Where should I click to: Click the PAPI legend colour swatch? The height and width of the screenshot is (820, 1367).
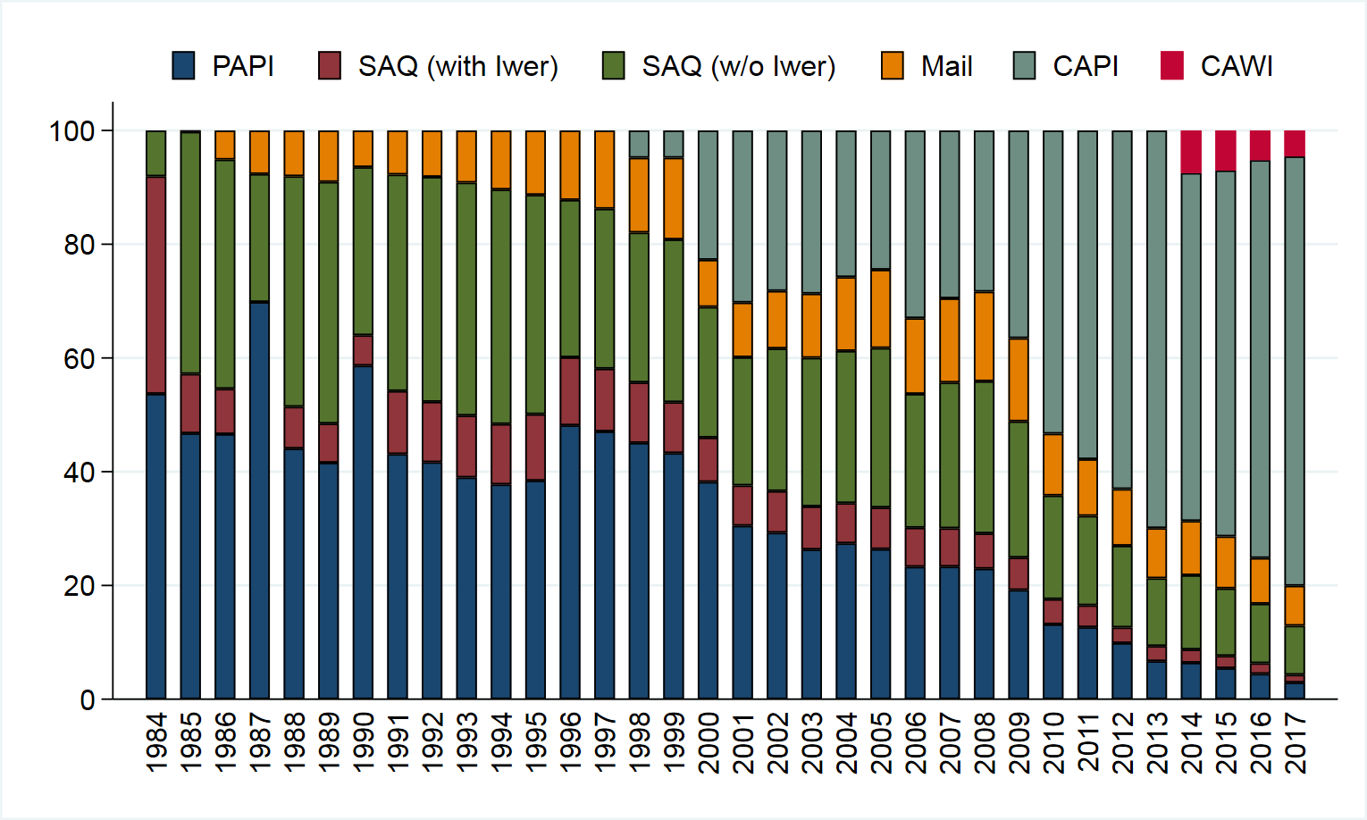184,66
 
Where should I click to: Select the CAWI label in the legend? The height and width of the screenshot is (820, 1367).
1237,66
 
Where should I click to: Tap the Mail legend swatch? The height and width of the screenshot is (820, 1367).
893,66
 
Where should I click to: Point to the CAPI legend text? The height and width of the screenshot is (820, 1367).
1085,66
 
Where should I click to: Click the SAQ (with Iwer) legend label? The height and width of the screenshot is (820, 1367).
457,66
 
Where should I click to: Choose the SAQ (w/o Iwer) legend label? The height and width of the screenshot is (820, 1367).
738,66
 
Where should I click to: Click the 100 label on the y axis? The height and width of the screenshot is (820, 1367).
72,131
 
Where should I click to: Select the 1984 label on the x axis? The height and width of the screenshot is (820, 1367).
156,742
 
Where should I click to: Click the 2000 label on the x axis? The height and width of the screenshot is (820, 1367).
708,742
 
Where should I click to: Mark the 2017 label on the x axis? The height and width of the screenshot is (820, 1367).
1295,742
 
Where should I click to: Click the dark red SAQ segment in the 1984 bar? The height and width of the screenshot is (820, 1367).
156,285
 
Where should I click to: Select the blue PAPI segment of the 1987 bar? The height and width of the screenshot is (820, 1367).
259,500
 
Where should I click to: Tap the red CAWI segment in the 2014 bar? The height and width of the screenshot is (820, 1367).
1191,152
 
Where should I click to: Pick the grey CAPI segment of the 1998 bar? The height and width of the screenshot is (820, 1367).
639,144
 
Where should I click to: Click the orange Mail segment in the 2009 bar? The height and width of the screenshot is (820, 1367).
1019,380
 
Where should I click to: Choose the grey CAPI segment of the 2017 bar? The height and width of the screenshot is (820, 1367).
1295,372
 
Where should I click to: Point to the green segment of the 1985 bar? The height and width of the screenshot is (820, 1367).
190,253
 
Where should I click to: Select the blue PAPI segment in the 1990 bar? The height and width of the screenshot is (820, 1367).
363,532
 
